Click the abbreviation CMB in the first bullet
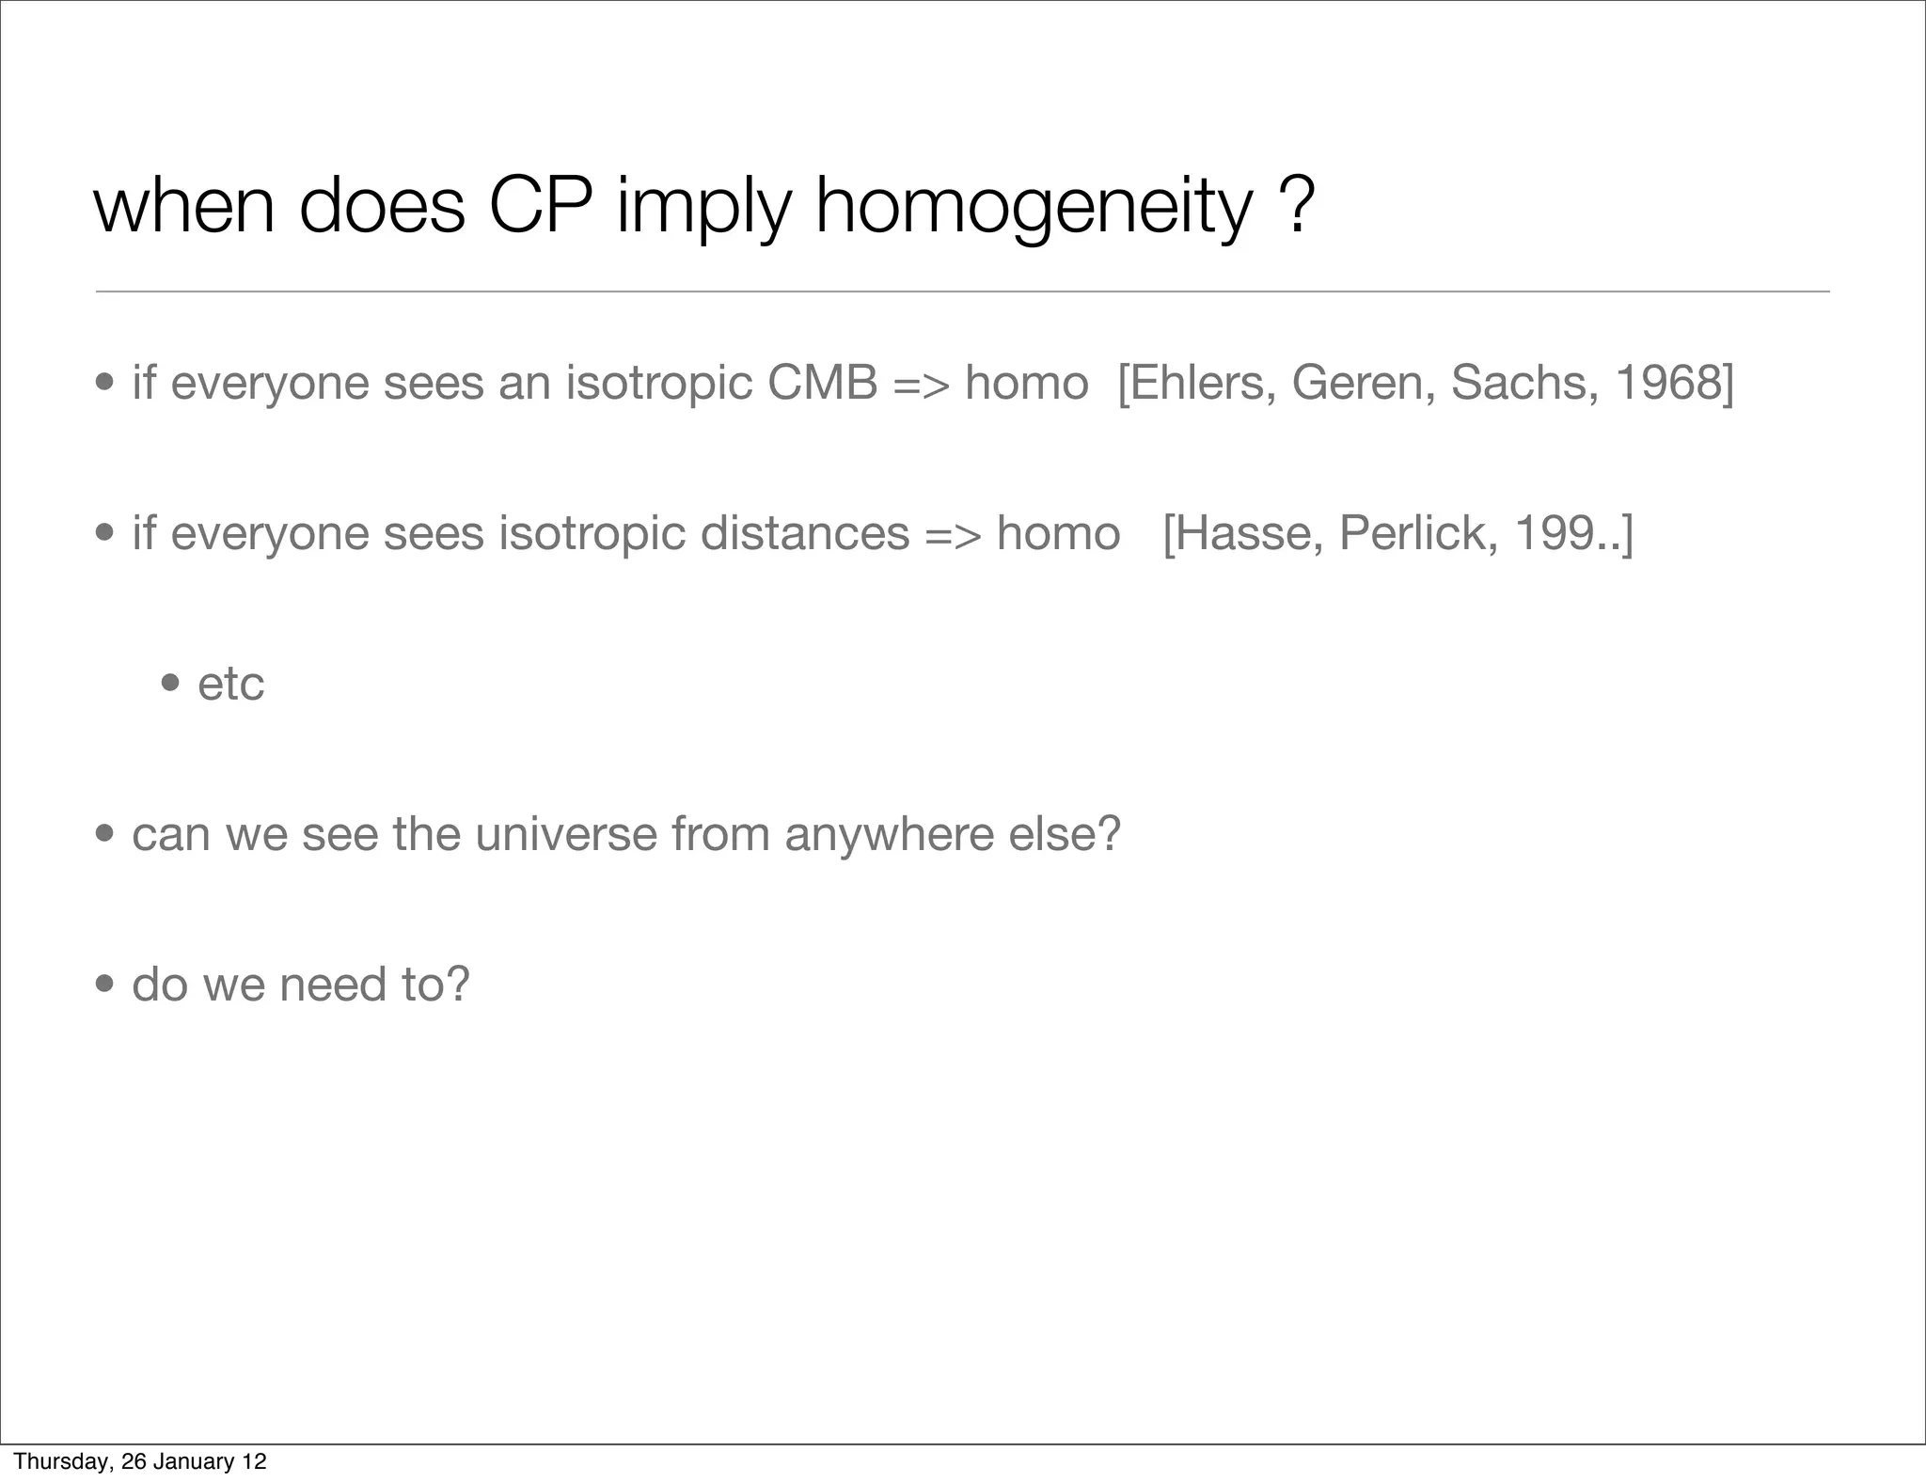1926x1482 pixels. click(822, 383)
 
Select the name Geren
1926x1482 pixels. click(1363, 383)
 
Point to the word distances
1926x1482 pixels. click(805, 533)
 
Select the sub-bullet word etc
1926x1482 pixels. click(230, 684)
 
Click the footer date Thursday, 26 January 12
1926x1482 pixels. click(140, 1461)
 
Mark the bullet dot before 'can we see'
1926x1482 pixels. click(105, 834)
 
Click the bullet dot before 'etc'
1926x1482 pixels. click(171, 684)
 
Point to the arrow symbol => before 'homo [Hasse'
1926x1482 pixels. click(953, 533)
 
